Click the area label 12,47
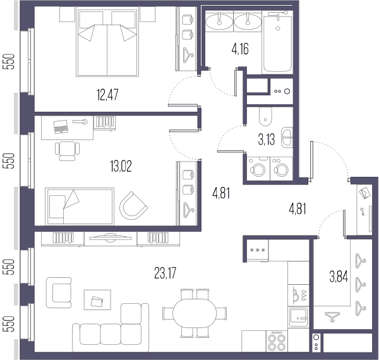point(107,95)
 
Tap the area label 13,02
point(121,166)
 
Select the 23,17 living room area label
point(165,273)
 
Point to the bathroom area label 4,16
point(240,49)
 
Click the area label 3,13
point(267,140)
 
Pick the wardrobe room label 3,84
point(339,277)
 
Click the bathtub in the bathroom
point(277,42)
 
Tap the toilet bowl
point(265,116)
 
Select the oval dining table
point(195,313)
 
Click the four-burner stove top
point(277,341)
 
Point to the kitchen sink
point(299,317)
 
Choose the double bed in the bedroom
point(107,42)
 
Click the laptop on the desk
point(61,126)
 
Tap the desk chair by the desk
point(67,151)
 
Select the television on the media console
point(110,237)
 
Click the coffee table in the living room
point(97,300)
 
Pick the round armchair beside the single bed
point(133,206)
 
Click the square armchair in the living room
point(59,292)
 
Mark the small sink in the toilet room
point(287,138)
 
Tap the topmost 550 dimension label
point(9,61)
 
